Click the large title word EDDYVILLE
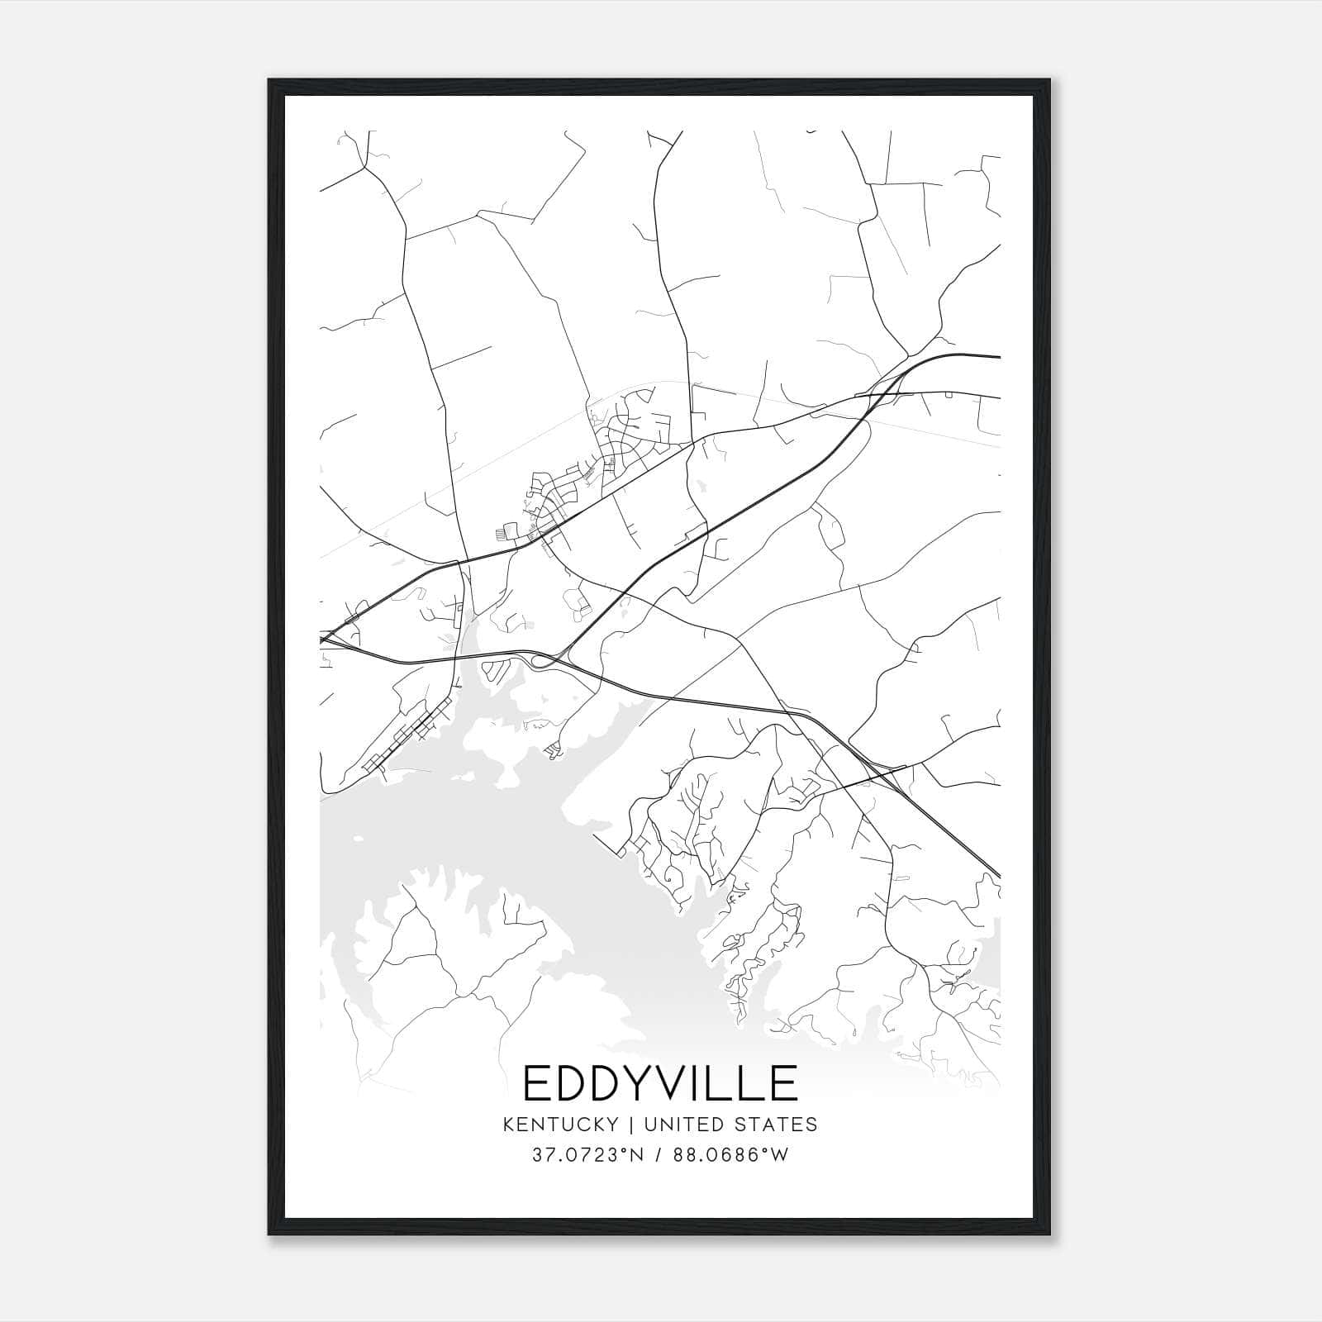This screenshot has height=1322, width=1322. (661, 1083)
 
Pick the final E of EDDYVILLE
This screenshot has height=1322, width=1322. (785, 1083)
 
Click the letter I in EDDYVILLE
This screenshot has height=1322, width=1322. (701, 1083)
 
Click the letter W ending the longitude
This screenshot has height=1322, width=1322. (781, 1155)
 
